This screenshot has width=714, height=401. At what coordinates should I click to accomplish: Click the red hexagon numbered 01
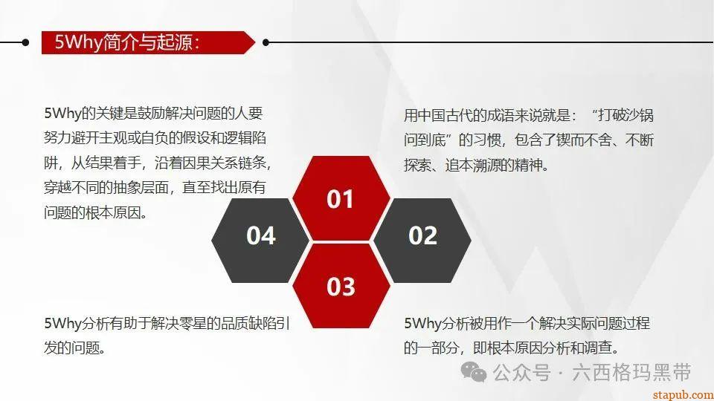click(341, 199)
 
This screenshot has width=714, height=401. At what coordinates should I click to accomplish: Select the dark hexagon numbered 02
click(422, 235)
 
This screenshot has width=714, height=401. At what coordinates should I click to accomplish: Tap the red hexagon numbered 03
click(341, 286)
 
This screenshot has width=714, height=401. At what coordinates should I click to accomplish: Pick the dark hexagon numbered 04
click(260, 235)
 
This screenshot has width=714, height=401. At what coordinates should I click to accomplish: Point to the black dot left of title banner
click(26, 42)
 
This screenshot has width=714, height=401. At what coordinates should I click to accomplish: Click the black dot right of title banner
click(266, 42)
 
